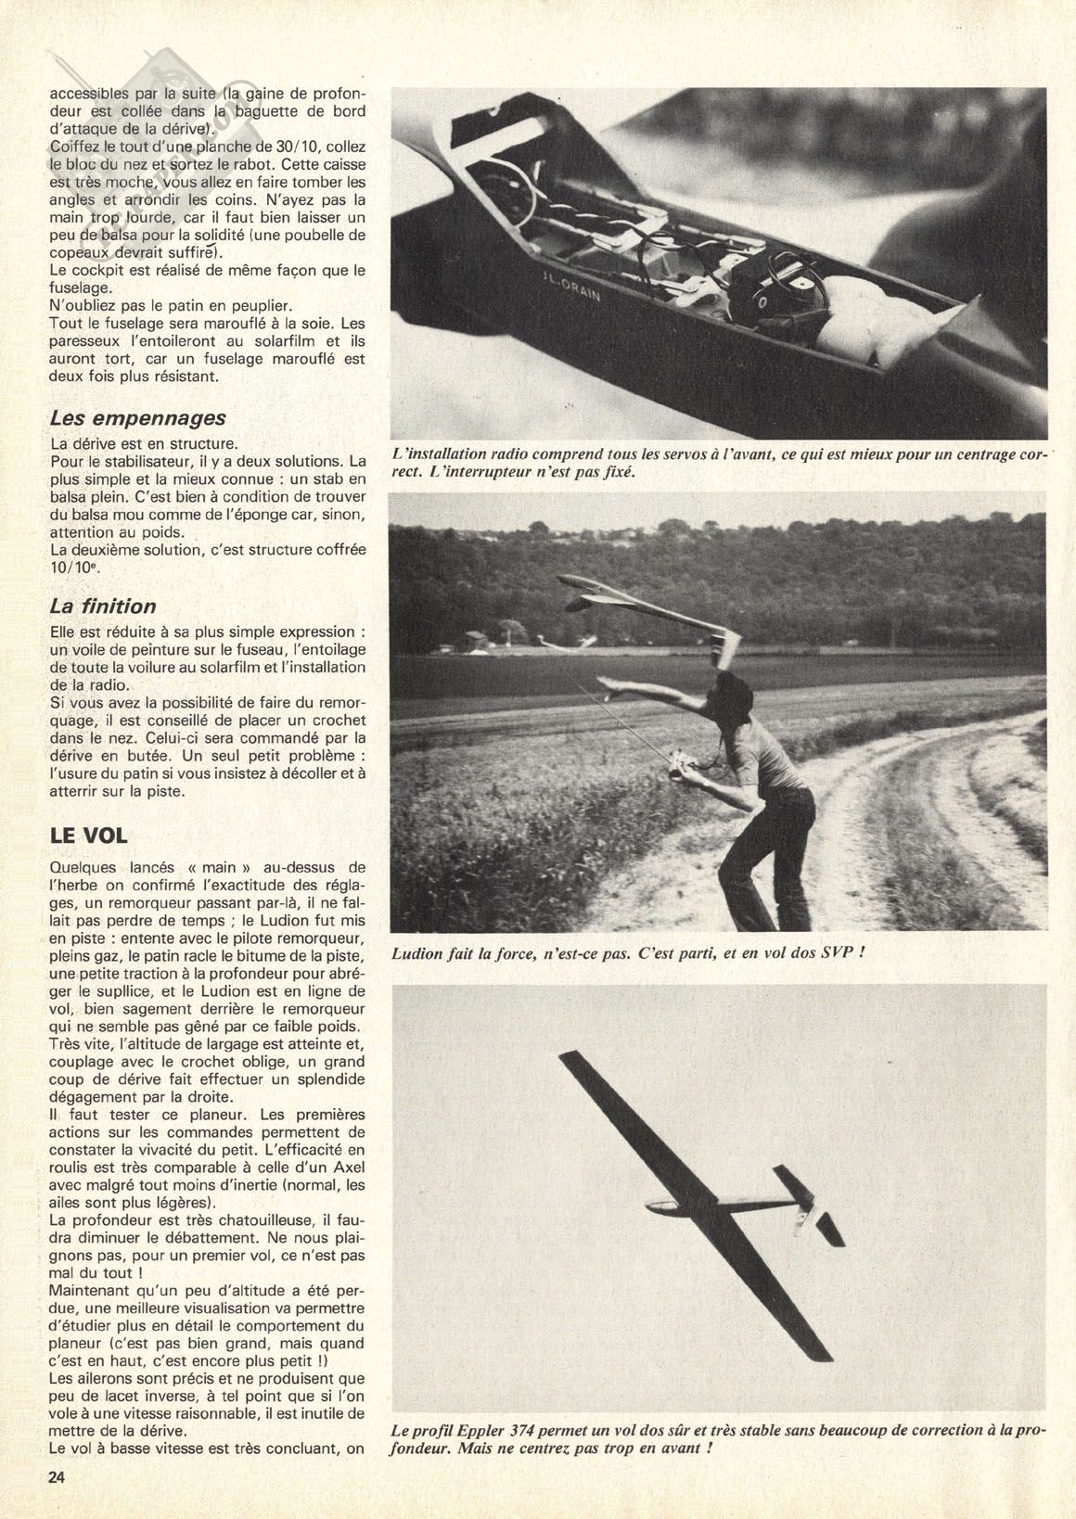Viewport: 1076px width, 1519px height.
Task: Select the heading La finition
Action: (103, 606)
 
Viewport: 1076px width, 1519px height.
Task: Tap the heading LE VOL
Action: (88, 836)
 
